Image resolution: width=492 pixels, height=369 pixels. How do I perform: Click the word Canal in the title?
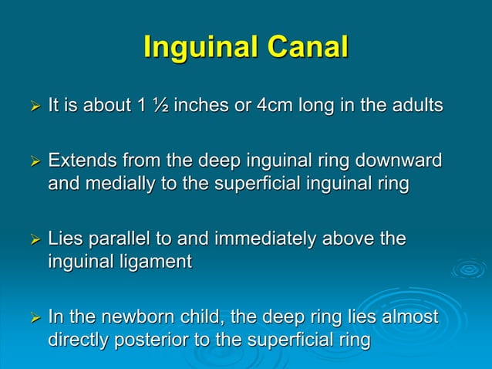click(x=307, y=48)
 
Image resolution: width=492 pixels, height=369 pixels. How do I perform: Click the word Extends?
click(x=79, y=162)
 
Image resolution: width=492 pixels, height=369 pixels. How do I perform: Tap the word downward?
click(x=399, y=162)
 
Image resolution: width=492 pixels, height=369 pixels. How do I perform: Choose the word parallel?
click(x=117, y=240)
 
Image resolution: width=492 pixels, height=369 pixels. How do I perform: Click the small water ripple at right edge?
click(x=468, y=269)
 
